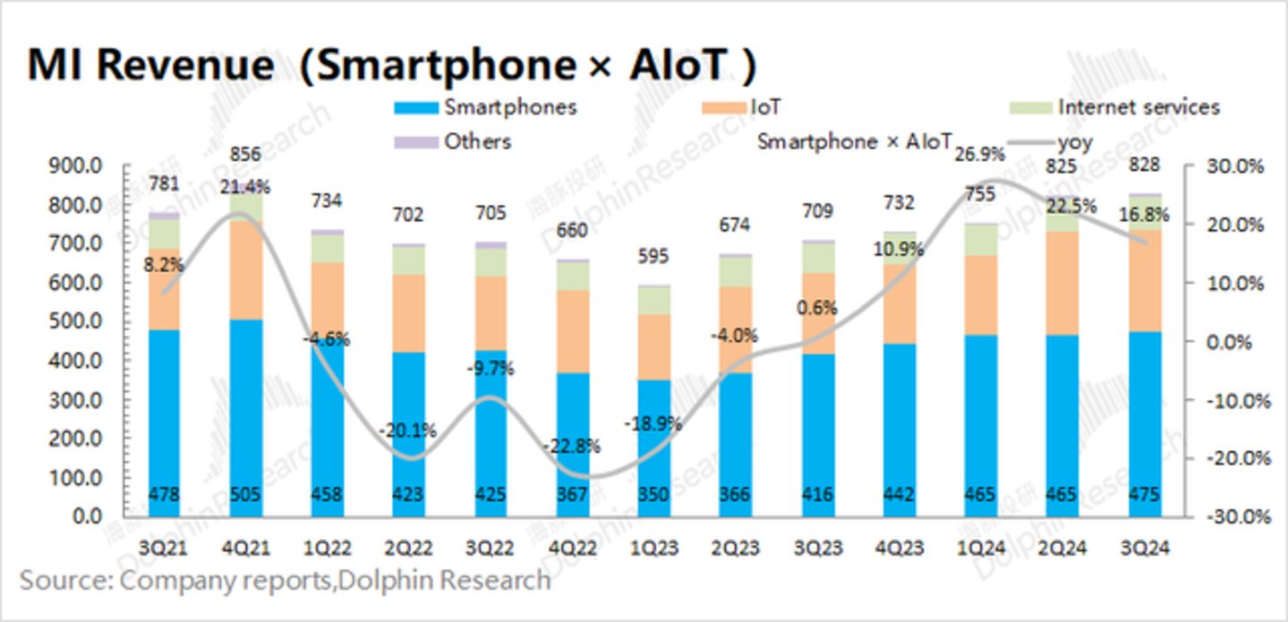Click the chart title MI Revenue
tap(151, 65)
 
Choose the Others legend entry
tap(477, 141)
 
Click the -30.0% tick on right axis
tap(1238, 516)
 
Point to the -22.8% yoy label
tap(572, 446)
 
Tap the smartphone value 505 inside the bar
tap(245, 493)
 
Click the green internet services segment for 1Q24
tap(982, 240)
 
